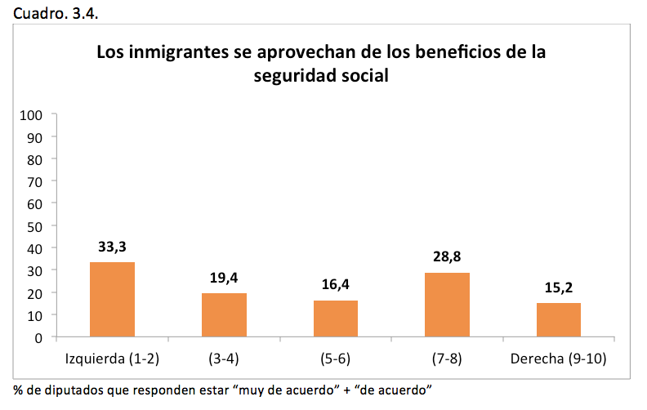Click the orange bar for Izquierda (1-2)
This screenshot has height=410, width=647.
pos(112,299)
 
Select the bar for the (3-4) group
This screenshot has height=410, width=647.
pos(224,314)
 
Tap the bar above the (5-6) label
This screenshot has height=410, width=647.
pos(336,318)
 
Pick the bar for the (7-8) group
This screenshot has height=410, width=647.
pos(447,304)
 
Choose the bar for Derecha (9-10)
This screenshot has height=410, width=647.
pos(559,319)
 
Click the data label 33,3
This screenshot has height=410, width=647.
pos(112,247)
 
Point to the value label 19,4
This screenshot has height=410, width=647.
pos(224,278)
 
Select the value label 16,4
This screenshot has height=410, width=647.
pos(336,284)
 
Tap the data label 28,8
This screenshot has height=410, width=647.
pos(447,256)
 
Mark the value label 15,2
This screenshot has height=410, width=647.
pos(559,287)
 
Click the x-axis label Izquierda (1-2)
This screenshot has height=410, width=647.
pos(112,359)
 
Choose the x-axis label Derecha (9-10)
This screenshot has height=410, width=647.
pos(559,359)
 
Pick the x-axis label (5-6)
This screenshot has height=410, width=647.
pos(336,359)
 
